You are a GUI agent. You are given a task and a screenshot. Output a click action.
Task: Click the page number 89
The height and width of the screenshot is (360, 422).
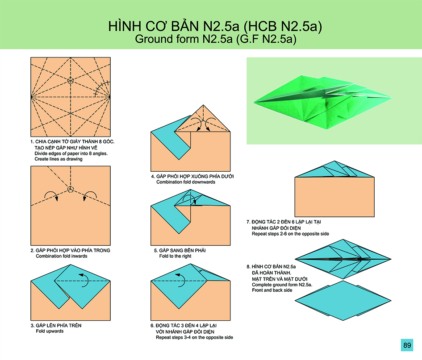pos(407,345)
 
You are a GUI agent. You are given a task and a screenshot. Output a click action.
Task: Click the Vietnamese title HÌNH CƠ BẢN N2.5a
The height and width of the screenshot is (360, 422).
pos(174,26)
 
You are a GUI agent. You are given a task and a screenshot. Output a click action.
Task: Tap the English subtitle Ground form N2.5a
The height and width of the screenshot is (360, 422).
pos(184,39)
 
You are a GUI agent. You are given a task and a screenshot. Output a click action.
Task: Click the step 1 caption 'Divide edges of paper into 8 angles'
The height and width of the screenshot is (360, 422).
pos(71,153)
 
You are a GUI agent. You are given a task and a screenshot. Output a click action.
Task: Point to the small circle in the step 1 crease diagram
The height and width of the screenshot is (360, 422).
pos(71,80)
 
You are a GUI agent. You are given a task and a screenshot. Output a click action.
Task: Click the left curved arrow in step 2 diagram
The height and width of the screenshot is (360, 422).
pos(51,195)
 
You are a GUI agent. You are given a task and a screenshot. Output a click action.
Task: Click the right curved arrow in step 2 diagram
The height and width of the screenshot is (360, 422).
pos(90,195)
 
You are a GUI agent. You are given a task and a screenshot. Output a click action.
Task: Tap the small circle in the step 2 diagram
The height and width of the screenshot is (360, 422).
pos(71,189)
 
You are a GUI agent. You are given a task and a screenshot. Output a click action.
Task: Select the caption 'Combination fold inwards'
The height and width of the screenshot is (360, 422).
pos(62,256)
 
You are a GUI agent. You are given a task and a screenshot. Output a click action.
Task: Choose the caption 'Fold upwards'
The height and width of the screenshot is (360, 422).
pos(50,331)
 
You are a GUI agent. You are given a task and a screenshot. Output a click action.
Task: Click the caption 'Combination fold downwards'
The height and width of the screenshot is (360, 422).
pos(186,182)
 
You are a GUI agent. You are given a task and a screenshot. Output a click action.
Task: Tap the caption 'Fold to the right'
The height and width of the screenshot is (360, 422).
pos(175,256)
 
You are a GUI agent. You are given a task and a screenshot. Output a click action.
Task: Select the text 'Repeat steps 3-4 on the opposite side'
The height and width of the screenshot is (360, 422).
pos(194,337)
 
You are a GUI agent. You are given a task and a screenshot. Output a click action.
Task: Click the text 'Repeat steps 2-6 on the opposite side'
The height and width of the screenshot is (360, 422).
pos(290,234)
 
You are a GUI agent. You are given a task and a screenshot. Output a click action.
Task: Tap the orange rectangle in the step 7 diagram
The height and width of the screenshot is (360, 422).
pos(334,197)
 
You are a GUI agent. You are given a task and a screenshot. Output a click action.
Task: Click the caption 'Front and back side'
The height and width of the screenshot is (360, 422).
pos(272,290)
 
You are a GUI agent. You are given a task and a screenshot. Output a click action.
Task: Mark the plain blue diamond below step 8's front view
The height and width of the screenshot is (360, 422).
pos(343,301)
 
